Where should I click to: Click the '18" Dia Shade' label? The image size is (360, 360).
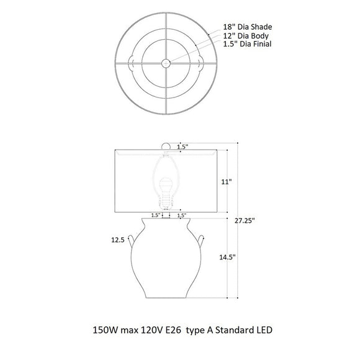[248, 27]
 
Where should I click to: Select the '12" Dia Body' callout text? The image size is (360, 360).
[246, 35]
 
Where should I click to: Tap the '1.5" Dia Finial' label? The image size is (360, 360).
[247, 44]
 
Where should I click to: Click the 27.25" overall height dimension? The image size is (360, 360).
[245, 220]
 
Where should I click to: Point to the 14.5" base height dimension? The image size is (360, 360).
[227, 257]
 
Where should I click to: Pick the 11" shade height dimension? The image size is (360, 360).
[227, 182]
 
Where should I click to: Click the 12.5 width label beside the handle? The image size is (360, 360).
[118, 240]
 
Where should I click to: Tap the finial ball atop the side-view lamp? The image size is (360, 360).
[166, 146]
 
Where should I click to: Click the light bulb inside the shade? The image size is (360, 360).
[166, 192]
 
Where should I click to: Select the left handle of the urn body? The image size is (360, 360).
[130, 241]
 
